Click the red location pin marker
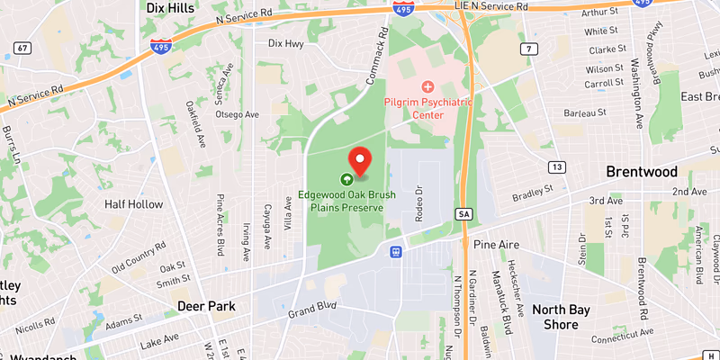[x=360, y=160]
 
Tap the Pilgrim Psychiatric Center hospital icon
[x=428, y=87]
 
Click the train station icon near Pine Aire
[x=395, y=252]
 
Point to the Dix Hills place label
[x=172, y=7]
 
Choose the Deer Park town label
[x=206, y=306]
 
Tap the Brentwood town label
[x=642, y=172]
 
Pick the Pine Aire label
[x=496, y=244]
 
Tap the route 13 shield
[x=558, y=167]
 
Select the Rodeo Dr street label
[x=418, y=202]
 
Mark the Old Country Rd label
[x=139, y=257]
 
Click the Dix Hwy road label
[x=289, y=42]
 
